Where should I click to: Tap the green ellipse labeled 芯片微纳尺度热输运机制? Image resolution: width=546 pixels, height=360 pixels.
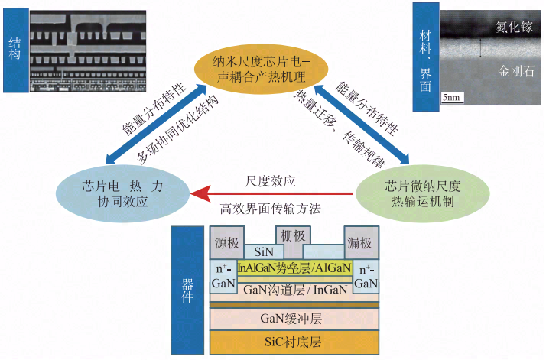click(418, 192)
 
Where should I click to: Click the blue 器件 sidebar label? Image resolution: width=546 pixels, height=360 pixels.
click(186, 290)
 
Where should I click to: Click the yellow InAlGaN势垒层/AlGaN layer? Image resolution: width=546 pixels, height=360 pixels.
click(294, 268)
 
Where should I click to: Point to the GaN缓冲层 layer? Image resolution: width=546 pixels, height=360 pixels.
click(294, 316)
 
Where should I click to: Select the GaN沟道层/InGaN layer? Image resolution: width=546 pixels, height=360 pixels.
click(294, 290)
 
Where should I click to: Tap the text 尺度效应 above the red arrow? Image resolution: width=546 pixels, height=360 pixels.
click(271, 181)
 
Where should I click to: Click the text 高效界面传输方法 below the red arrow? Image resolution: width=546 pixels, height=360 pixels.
click(271, 208)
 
